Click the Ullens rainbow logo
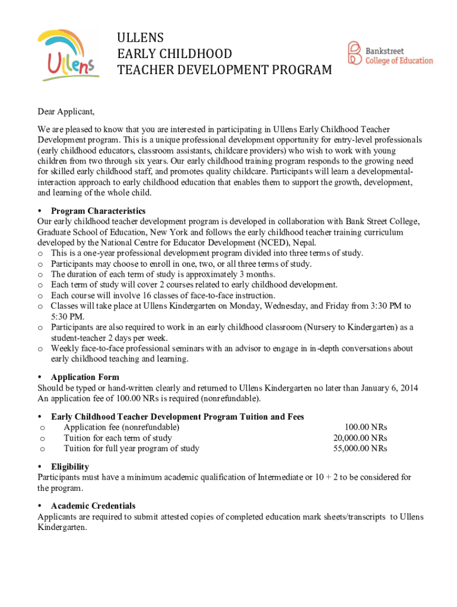coord(66,53)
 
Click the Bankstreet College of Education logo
coord(390,53)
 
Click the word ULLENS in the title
coord(141,38)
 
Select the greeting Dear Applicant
coord(66,111)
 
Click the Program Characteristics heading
coord(98,211)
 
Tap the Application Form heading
coord(85,377)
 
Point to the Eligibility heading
coord(70,467)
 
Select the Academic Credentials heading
coord(93,506)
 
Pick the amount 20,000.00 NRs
coord(360,438)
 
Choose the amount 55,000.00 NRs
coord(360,449)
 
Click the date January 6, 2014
coord(380,388)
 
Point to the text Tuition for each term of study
coord(118,438)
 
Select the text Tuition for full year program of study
coord(131,449)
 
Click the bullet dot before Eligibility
coord(39,467)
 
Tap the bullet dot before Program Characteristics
coord(39,211)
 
